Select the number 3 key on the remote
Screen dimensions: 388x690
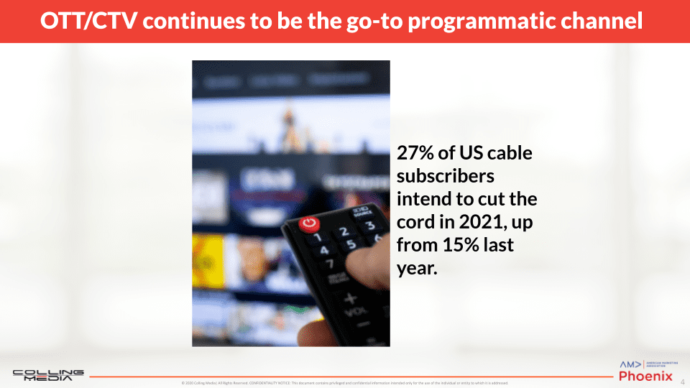click(371, 226)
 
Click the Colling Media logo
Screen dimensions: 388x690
click(48, 375)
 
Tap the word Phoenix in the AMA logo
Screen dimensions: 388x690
click(645, 376)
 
